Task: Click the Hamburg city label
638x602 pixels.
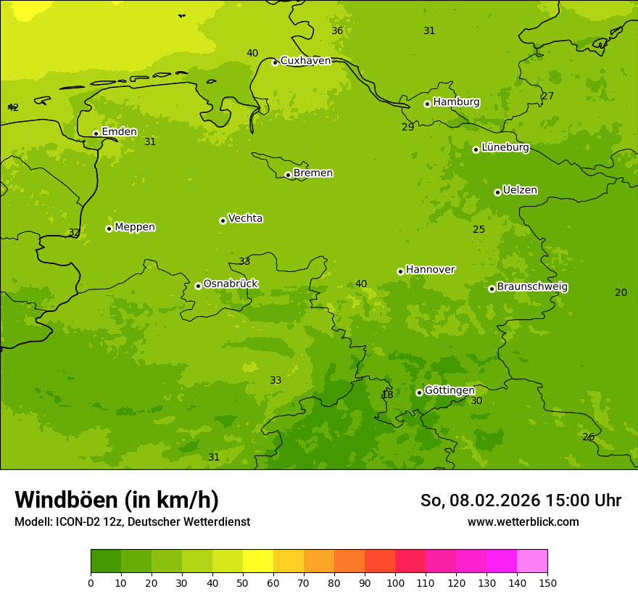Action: [x=456, y=102]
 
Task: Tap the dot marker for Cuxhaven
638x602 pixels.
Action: [x=275, y=62]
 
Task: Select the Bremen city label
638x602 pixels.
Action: [x=313, y=173]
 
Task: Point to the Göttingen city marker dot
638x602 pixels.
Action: [x=419, y=392]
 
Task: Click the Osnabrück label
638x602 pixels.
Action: [x=231, y=284]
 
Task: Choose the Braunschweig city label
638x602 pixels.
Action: [x=532, y=287]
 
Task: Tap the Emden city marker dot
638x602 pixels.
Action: [x=96, y=133]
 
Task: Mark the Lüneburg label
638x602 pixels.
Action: [x=505, y=148]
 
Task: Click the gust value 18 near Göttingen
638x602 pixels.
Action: [x=387, y=395]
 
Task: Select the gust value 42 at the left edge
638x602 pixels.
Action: [x=13, y=107]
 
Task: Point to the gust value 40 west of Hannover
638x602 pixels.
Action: [x=361, y=284]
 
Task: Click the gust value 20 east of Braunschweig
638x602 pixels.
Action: [x=621, y=292]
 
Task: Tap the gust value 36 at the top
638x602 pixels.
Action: [x=337, y=30]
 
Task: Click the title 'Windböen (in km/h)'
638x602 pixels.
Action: [x=117, y=500]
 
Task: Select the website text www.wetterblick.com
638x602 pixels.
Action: [x=523, y=521]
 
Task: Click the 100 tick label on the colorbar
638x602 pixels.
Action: [x=395, y=582]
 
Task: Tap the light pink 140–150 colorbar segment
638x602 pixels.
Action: [x=532, y=561]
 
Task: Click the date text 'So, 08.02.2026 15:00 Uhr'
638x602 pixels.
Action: [x=521, y=500]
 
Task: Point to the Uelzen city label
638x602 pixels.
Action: [x=520, y=191]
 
